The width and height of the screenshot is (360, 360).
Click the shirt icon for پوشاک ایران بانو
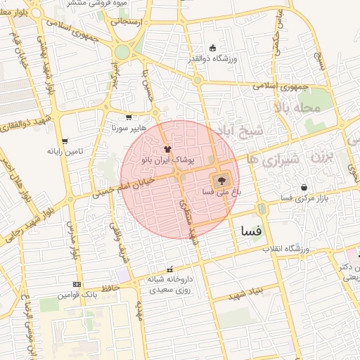pos(167,149)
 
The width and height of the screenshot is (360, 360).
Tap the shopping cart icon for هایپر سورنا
pos(129,117)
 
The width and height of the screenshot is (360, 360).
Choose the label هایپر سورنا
pos(129,129)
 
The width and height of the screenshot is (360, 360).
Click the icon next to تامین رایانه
pos(65,141)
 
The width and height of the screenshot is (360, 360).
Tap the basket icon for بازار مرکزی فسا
pos(304,188)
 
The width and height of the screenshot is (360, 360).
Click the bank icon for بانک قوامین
pos(77,284)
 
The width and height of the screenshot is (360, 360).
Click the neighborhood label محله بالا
pos(298,108)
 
